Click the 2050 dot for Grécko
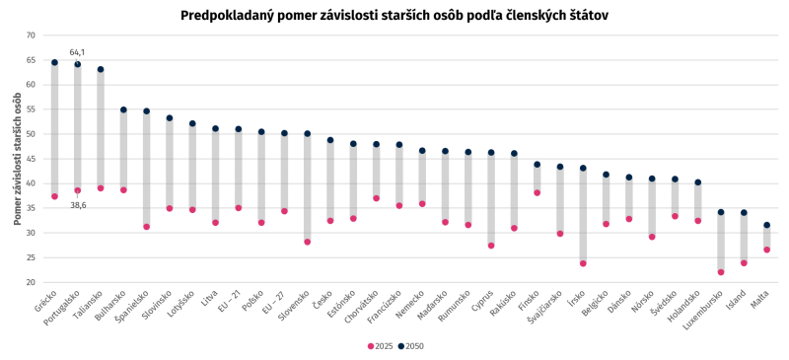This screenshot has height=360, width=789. coord(54,62)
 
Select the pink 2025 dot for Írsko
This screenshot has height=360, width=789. coord(583,263)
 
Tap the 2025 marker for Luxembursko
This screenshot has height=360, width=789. coord(721,272)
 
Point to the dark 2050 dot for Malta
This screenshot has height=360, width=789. coord(766,225)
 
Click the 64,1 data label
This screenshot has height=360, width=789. coord(77,52)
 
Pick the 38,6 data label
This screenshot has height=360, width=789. coord(78,205)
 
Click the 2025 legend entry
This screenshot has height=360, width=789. coord(380,346)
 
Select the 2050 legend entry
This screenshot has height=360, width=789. coord(410,346)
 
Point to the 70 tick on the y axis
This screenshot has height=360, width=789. coord(32,36)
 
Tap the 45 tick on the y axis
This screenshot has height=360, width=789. coord(32,159)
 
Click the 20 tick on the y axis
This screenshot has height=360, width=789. coord(32,282)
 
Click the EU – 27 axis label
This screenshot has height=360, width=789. coord(275,302)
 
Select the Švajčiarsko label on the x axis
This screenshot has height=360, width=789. coord(545,308)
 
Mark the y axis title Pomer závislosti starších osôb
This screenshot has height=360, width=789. coord(18,159)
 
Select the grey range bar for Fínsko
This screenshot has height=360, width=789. coord(537,179)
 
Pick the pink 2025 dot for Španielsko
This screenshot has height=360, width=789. coord(146,227)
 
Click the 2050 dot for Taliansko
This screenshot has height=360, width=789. coord(101,69)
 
